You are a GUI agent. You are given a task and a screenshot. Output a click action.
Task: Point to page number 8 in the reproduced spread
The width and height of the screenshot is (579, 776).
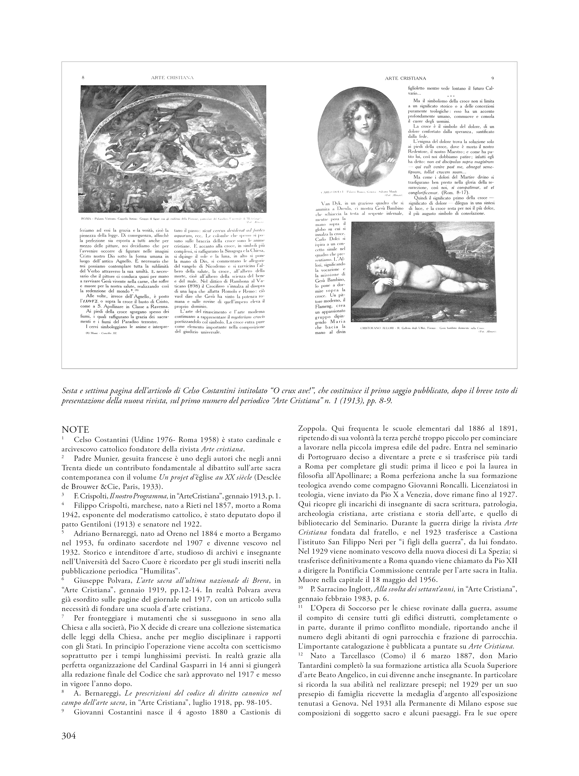[x=83, y=78]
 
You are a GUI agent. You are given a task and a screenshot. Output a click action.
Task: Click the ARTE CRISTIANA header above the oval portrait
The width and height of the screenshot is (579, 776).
[x=405, y=78]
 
